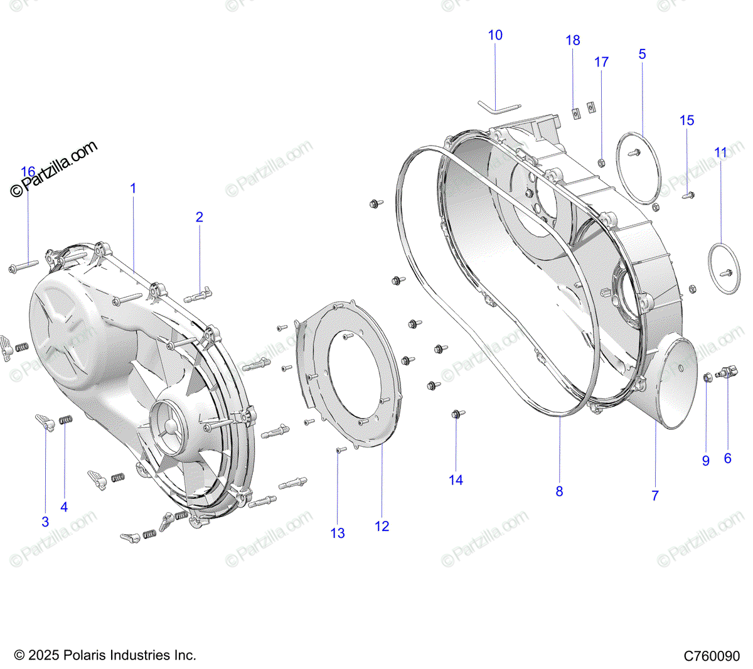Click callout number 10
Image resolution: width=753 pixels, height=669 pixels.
click(x=495, y=35)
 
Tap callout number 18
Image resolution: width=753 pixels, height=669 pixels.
click(x=573, y=40)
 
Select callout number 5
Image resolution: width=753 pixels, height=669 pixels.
click(x=642, y=54)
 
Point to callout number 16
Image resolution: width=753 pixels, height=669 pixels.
click(x=28, y=172)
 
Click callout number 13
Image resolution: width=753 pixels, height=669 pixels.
click(x=338, y=533)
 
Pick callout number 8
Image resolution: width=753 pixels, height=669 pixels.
click(x=559, y=491)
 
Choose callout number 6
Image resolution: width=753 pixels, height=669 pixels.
click(x=727, y=458)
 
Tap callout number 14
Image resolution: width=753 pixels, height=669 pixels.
click(x=456, y=479)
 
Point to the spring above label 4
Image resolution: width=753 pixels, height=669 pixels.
click(x=65, y=419)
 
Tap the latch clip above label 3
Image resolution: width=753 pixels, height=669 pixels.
click(x=44, y=422)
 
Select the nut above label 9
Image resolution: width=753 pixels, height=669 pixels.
click(x=707, y=377)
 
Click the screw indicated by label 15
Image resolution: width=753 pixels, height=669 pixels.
click(x=688, y=195)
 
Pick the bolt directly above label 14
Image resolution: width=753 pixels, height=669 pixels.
click(x=457, y=414)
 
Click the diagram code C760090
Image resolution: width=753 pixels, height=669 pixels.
click(x=712, y=656)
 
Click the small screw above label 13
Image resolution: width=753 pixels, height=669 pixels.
click(x=339, y=450)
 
